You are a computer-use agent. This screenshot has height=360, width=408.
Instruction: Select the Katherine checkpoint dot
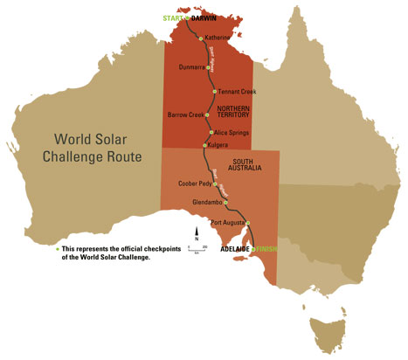tap(201, 38)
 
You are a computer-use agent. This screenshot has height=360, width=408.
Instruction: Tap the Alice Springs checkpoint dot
tap(210, 132)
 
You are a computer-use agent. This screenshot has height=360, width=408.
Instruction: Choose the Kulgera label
tap(216, 145)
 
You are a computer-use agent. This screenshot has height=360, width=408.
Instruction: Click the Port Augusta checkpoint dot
tap(248, 224)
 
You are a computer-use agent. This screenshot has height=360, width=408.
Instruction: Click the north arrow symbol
tap(197, 236)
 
